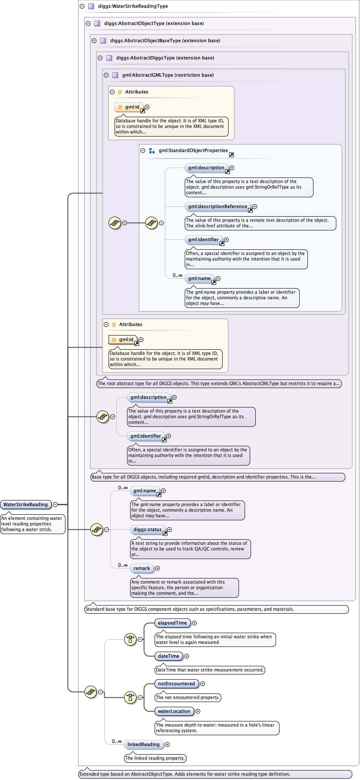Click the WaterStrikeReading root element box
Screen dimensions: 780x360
point(25,504)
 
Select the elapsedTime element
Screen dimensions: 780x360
point(172,623)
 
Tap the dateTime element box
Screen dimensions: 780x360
point(168,656)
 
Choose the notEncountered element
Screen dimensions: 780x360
point(176,684)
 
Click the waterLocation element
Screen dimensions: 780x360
point(174,711)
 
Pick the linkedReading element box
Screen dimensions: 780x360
point(143,744)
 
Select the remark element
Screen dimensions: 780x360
point(142,568)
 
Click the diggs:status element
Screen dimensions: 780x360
point(147,529)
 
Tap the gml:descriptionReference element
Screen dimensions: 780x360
point(217,206)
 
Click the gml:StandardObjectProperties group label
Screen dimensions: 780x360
point(193,150)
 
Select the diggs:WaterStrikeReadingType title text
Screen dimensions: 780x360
point(133,6)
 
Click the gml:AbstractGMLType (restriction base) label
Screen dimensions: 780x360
point(168,75)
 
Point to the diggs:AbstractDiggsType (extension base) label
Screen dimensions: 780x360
point(165,58)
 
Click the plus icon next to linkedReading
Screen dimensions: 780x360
point(168,744)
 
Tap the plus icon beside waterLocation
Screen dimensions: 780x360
point(198,711)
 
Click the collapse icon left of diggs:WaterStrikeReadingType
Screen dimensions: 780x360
point(82,6)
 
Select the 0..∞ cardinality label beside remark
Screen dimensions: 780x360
point(123,565)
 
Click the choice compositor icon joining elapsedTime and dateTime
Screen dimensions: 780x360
point(130,639)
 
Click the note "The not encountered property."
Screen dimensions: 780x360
point(188,697)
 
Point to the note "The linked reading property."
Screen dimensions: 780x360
point(155,758)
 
